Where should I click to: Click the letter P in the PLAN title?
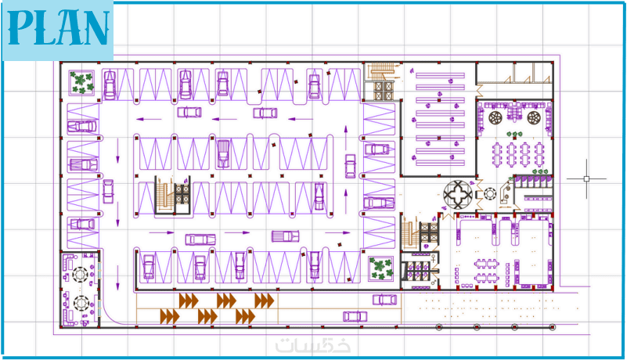[x=20, y=27]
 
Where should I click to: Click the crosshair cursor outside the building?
[x=586, y=178]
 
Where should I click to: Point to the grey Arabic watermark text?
[x=312, y=345]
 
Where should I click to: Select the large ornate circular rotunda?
[x=458, y=194]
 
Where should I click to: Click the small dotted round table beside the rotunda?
[x=490, y=194]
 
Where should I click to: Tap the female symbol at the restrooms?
[x=433, y=258]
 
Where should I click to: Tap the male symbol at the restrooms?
[x=433, y=283]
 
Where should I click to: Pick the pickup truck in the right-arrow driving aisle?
[x=286, y=236]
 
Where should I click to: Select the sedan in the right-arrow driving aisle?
[x=200, y=239]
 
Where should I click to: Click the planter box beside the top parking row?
[x=82, y=83]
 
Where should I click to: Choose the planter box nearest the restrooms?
[x=380, y=268]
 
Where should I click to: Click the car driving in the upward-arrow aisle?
[x=350, y=166]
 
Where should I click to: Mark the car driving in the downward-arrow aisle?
[x=108, y=191]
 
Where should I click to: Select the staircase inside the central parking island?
[x=164, y=196]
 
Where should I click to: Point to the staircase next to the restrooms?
[x=409, y=233]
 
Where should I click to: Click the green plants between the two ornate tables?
[x=514, y=134]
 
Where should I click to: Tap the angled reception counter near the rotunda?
[x=505, y=193]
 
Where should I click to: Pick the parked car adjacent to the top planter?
[x=110, y=85]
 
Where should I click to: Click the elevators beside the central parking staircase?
[x=182, y=193]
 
